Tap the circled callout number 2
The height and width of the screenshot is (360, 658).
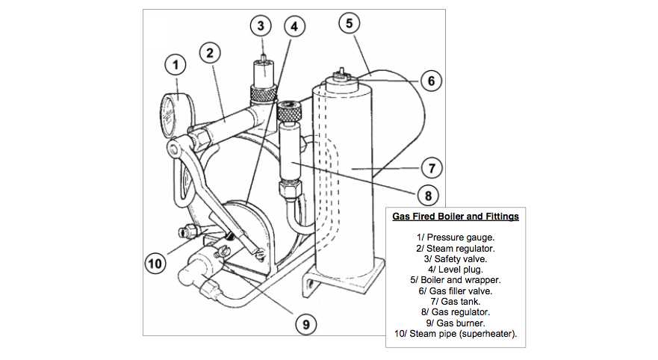(x=210, y=52)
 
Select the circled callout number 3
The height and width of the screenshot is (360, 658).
(x=260, y=26)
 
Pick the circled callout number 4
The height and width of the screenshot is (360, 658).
(x=294, y=26)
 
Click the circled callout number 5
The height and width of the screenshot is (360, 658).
(x=348, y=22)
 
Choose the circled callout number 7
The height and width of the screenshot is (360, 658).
(x=432, y=167)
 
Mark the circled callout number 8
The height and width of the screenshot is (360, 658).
(x=427, y=196)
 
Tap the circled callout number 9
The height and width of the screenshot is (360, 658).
(x=305, y=323)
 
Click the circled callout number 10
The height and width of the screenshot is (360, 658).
(x=155, y=262)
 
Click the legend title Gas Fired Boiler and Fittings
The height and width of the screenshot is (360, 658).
(x=456, y=217)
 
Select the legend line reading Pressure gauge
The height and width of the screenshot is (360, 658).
(x=456, y=237)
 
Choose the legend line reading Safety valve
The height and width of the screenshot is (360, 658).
(x=456, y=258)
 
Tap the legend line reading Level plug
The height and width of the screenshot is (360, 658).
(x=456, y=269)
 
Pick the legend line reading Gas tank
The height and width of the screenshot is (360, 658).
(x=456, y=301)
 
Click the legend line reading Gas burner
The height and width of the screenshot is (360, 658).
(x=456, y=323)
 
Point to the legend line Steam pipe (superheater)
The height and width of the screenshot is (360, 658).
(x=456, y=333)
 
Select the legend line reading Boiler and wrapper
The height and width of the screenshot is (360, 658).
(x=456, y=279)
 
